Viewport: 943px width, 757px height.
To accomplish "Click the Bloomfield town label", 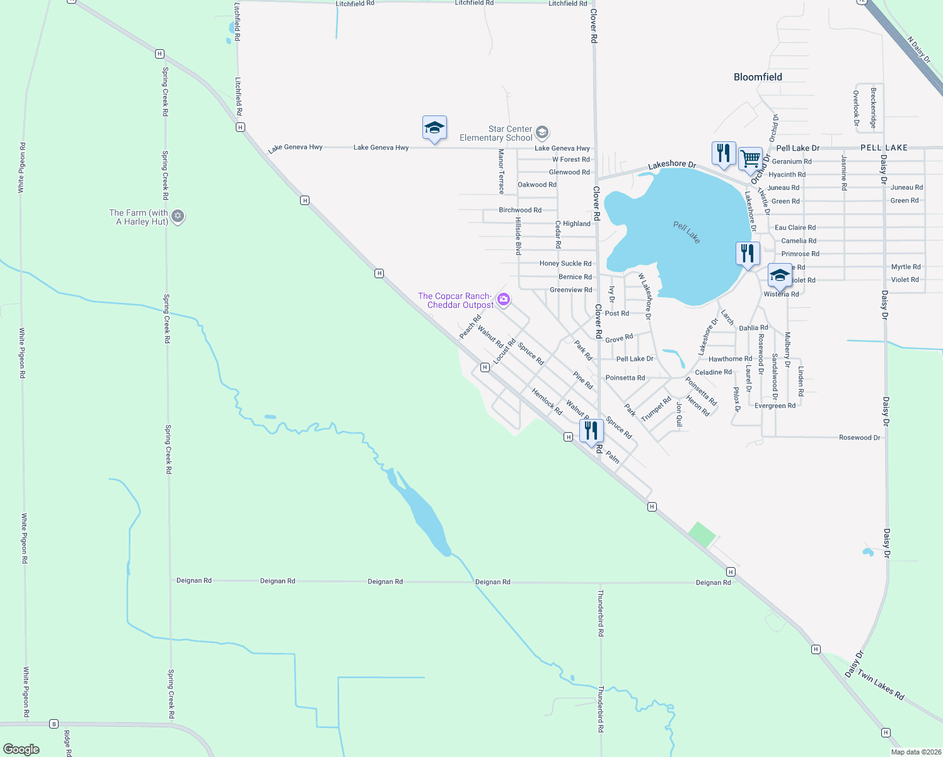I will pyautogui.click(x=758, y=77).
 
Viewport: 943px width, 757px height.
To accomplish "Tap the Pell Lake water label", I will pyautogui.click(x=686, y=232).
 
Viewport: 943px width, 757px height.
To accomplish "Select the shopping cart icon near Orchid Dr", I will pyautogui.click(x=750, y=158).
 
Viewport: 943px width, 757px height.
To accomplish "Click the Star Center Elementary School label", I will pyautogui.click(x=496, y=133).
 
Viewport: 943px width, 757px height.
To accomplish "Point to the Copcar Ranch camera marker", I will pyautogui.click(x=503, y=299).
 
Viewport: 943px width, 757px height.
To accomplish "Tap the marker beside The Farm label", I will pyautogui.click(x=178, y=216).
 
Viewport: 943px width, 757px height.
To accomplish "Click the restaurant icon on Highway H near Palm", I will pyautogui.click(x=591, y=431).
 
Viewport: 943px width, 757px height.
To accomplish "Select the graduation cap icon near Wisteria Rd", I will pyautogui.click(x=780, y=275).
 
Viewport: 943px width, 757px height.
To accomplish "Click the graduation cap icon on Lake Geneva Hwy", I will pyautogui.click(x=434, y=127).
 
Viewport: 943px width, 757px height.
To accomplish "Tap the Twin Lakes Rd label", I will pyautogui.click(x=881, y=686).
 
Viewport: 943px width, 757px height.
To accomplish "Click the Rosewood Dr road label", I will pyautogui.click(x=859, y=437).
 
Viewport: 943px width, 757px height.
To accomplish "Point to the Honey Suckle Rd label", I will pyautogui.click(x=565, y=264).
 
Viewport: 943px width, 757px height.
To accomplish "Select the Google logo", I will pyautogui.click(x=21, y=749).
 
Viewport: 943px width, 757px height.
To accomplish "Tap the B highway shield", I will pyautogui.click(x=54, y=724).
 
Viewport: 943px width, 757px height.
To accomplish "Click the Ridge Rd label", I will pyautogui.click(x=67, y=744).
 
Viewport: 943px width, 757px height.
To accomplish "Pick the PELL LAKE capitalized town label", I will pyautogui.click(x=884, y=148).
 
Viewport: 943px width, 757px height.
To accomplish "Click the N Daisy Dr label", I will pyautogui.click(x=918, y=50).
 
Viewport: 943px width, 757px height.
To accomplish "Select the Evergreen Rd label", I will pyautogui.click(x=775, y=406).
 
